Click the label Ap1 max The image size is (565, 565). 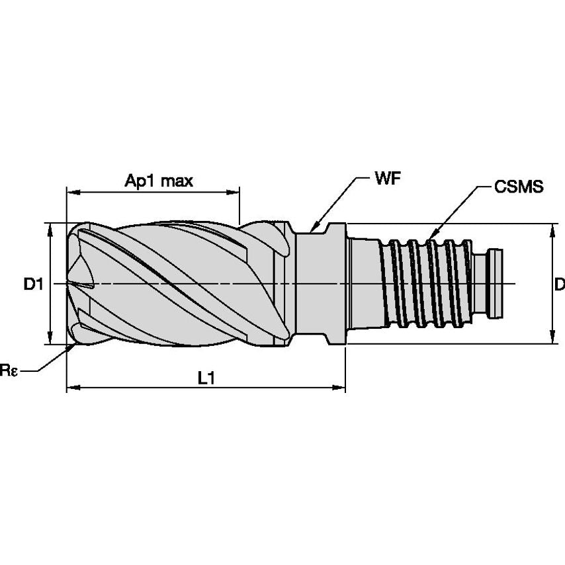[x=159, y=181]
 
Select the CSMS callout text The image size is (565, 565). [x=519, y=187]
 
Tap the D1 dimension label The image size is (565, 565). [x=32, y=284]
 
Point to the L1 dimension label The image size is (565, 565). [x=207, y=378]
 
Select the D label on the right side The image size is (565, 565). [x=559, y=284]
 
